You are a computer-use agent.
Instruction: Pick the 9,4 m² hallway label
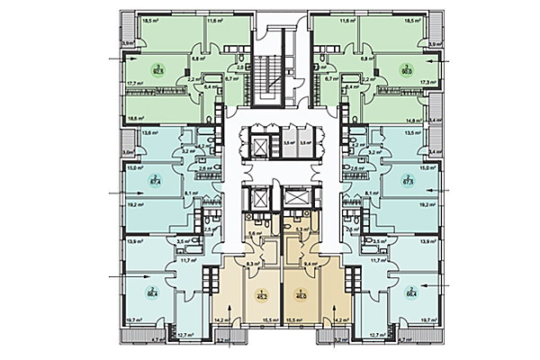click(310, 265)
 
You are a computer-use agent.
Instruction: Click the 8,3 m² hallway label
click(228, 264)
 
